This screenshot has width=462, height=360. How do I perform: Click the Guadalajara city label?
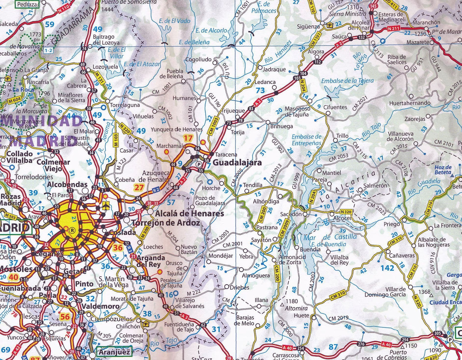click(x=237, y=163)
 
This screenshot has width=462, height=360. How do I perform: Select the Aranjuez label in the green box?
click(x=114, y=352)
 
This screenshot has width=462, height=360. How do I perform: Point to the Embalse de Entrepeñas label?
click(x=306, y=140)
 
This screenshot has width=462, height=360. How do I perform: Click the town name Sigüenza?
click(x=308, y=27)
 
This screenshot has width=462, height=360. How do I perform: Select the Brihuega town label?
click(x=281, y=126)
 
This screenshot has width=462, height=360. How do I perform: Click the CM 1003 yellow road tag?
click(x=213, y=126)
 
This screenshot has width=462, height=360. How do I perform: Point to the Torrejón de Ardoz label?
click(x=166, y=223)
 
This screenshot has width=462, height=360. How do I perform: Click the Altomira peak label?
click(x=296, y=308)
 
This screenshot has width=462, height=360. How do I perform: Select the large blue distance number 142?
click(x=387, y=268)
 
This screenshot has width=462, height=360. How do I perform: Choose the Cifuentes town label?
click(x=335, y=107)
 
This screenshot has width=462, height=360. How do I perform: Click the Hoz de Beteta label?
click(x=443, y=170)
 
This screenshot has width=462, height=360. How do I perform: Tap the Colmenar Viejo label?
click(x=53, y=165)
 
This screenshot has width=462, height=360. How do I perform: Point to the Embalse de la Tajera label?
click(x=347, y=81)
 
